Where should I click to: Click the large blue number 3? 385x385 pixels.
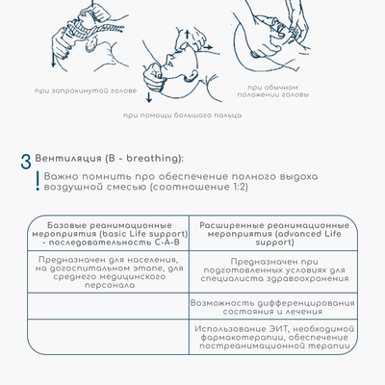tap(26, 162)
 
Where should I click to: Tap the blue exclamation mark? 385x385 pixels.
tap(38, 181)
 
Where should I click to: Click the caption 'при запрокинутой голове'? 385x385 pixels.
tap(86, 90)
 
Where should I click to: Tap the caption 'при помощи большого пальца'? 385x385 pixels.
tap(183, 115)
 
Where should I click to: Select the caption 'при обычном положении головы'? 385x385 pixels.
tap(273, 91)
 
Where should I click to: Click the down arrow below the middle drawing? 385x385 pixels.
tap(148, 97)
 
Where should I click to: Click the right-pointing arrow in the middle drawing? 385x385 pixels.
tap(208, 47)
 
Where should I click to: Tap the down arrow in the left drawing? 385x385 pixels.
tap(53, 59)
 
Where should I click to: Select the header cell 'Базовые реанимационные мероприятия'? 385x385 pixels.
tap(110, 234)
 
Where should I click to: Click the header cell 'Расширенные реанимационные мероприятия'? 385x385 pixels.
tap(274, 234)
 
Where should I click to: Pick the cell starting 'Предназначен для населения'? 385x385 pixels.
tap(110, 272)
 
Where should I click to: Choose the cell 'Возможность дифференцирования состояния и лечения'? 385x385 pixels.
tap(272, 307)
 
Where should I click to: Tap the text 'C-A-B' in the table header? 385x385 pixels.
tap(167, 243)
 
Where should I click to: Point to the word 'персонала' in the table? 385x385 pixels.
tap(110, 285)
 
